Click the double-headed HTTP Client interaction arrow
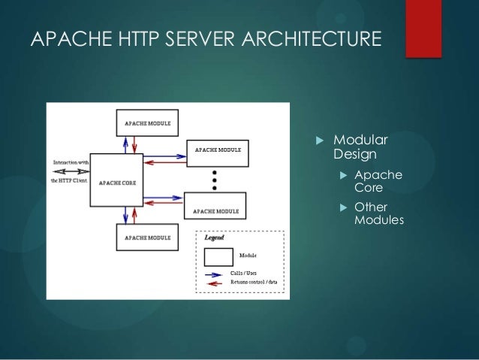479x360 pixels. [71, 171]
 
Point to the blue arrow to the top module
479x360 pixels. [128, 142]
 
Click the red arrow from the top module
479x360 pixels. [136, 142]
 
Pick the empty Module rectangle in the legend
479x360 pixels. [218, 256]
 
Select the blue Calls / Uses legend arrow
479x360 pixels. [215, 274]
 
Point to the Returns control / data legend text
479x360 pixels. [254, 282]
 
